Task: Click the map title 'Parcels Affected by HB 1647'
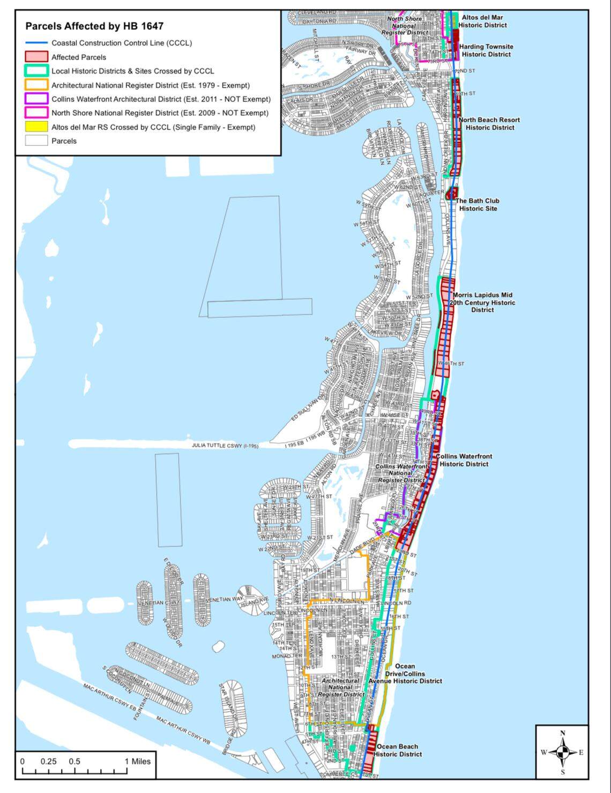click(x=94, y=26)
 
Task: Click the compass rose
click(x=562, y=752)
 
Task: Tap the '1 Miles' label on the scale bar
click(x=138, y=761)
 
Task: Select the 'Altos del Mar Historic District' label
click(x=482, y=21)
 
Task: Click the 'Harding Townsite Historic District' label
click(x=486, y=50)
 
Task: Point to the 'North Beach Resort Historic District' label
click(x=489, y=124)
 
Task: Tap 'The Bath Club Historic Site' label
click(x=478, y=204)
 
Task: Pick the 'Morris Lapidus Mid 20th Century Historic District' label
click(x=482, y=303)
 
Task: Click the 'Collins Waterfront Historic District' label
click(x=464, y=460)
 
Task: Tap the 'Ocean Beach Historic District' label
click(x=398, y=750)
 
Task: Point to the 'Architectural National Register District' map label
click(x=341, y=687)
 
